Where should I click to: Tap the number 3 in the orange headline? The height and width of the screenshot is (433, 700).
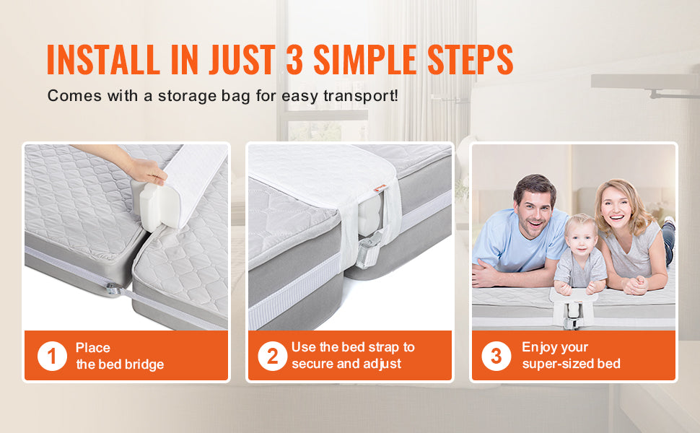pyautogui.click(x=294, y=60)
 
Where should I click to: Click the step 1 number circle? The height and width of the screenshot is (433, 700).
pyautogui.click(x=52, y=356)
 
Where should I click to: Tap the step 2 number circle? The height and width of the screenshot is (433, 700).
pyautogui.click(x=272, y=356)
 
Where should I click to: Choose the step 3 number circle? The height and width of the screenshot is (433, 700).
pyautogui.click(x=496, y=356)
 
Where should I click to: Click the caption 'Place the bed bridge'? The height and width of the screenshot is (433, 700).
pyautogui.click(x=120, y=356)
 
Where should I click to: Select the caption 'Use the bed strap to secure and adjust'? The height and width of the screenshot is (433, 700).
pyautogui.click(x=353, y=356)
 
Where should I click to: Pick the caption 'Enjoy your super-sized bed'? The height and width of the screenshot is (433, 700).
pyautogui.click(x=571, y=356)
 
